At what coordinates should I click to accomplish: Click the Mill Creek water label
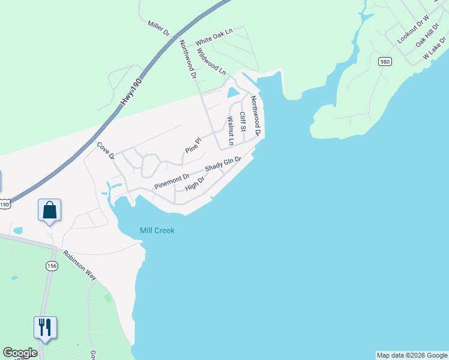[x=157, y=230]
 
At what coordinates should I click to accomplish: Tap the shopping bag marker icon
[x=49, y=211]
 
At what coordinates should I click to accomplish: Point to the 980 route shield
[x=385, y=61]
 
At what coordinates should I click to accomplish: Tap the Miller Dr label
[x=159, y=27]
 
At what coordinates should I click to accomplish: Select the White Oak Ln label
[x=213, y=38]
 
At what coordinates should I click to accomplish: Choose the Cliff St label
[x=243, y=122]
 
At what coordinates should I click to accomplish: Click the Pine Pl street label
[x=192, y=145]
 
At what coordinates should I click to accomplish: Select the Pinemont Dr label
[x=172, y=181]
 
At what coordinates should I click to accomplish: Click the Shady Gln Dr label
[x=223, y=164]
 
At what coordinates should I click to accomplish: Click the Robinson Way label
[x=80, y=265]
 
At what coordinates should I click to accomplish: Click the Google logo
[x=20, y=353]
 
